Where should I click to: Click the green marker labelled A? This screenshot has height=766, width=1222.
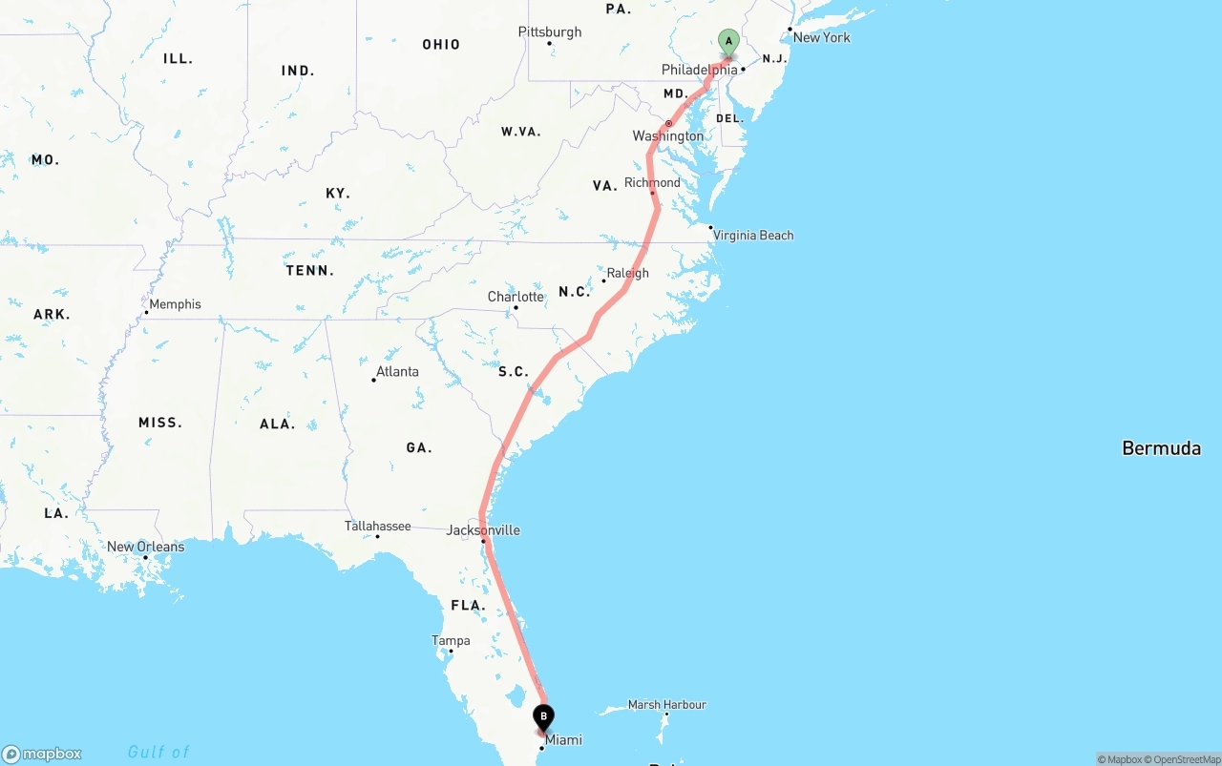point(728,43)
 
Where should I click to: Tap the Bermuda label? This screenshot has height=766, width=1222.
point(1161,447)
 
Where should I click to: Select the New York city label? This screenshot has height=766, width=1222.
point(821,37)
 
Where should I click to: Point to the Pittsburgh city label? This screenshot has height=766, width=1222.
point(550,32)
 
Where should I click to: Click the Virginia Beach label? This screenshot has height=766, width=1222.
point(752,235)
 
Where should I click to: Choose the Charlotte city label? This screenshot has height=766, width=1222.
point(516,297)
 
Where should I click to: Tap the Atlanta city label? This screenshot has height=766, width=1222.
point(397,371)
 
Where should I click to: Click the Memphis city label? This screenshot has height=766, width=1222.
point(175,304)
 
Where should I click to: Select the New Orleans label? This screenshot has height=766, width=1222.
point(145,547)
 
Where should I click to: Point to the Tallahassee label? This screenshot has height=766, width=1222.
point(377,526)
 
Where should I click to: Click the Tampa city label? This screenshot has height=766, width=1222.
point(451,641)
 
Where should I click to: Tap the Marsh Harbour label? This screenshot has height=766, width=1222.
point(666,705)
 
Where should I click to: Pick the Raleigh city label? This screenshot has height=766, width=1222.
point(627,273)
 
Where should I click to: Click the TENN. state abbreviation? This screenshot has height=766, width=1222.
point(309,271)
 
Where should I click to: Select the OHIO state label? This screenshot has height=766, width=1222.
point(441,45)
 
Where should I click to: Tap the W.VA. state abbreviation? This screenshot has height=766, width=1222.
point(520,132)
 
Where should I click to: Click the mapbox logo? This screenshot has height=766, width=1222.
point(42,754)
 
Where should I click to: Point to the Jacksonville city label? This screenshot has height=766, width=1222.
point(483,530)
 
